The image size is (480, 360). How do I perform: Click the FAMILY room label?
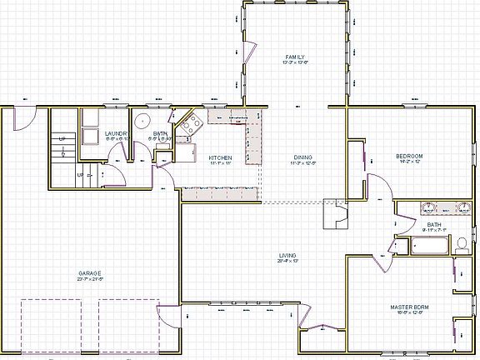tap(296, 57)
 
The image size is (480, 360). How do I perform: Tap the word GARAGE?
tap(90, 272)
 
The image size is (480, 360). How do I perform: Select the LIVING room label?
tap(288, 255)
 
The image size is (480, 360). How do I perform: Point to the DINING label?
tap(303, 157)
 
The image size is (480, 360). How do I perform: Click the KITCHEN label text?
tap(220, 157)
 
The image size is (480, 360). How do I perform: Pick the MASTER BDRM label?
tap(409, 307)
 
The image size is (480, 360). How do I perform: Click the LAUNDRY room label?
tap(116, 133)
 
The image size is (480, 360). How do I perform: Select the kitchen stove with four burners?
tap(193, 126)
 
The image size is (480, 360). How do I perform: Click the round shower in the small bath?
tap(142, 120)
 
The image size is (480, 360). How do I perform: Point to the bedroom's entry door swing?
tap(377, 187)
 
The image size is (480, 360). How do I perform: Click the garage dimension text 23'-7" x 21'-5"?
tap(90, 278)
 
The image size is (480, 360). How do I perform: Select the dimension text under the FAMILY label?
tap(296, 62)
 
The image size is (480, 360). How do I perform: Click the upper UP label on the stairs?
tap(62, 138)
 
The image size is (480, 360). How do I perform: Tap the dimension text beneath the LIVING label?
tap(288, 261)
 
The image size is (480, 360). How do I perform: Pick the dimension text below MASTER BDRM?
tap(409, 312)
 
